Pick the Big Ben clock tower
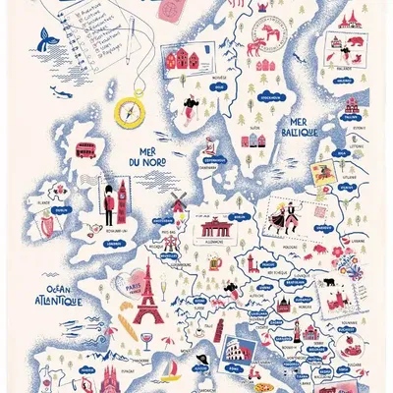(124, 196)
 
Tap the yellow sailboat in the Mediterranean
(173, 372)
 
